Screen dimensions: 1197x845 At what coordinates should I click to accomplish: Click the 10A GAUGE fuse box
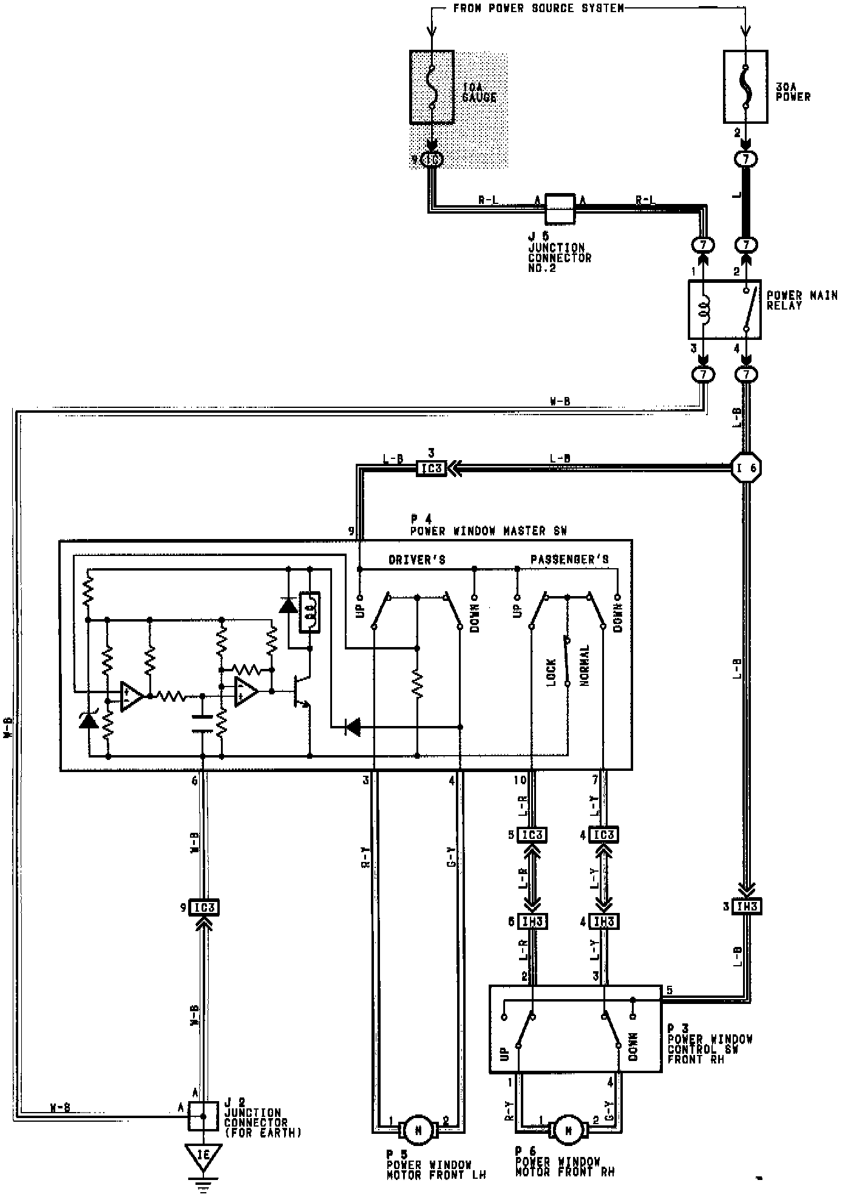tap(432, 87)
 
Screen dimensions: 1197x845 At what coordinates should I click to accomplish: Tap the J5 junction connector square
tap(560, 209)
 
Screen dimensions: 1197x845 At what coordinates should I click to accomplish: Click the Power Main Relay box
tap(724, 310)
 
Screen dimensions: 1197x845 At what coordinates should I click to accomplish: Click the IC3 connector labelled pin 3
tap(431, 469)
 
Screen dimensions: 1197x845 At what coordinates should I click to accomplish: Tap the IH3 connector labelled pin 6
tap(532, 921)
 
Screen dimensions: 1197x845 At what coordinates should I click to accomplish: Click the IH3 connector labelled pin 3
tap(746, 907)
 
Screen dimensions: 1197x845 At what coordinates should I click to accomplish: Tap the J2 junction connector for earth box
tap(203, 1116)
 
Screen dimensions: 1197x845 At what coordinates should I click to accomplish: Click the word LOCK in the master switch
tap(551, 673)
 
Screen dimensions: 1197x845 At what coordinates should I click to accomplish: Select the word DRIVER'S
tap(417, 560)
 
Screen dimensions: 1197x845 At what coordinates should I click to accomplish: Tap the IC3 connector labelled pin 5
tap(532, 835)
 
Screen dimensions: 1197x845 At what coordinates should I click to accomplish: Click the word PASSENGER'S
tap(569, 560)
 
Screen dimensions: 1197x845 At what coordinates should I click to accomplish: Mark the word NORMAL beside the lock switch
tap(585, 666)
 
